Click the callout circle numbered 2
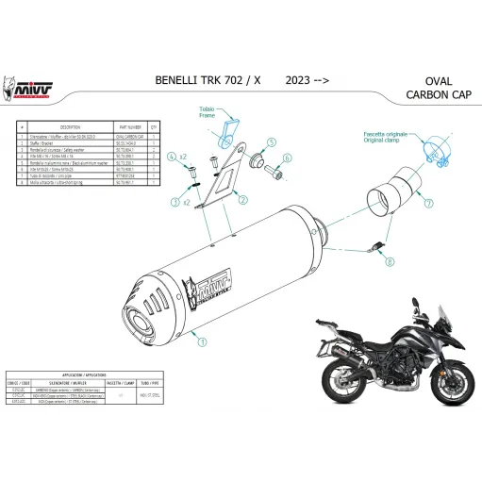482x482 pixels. (x=243, y=200)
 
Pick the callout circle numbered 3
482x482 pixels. (x=175, y=202)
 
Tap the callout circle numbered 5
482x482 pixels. (x=269, y=143)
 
